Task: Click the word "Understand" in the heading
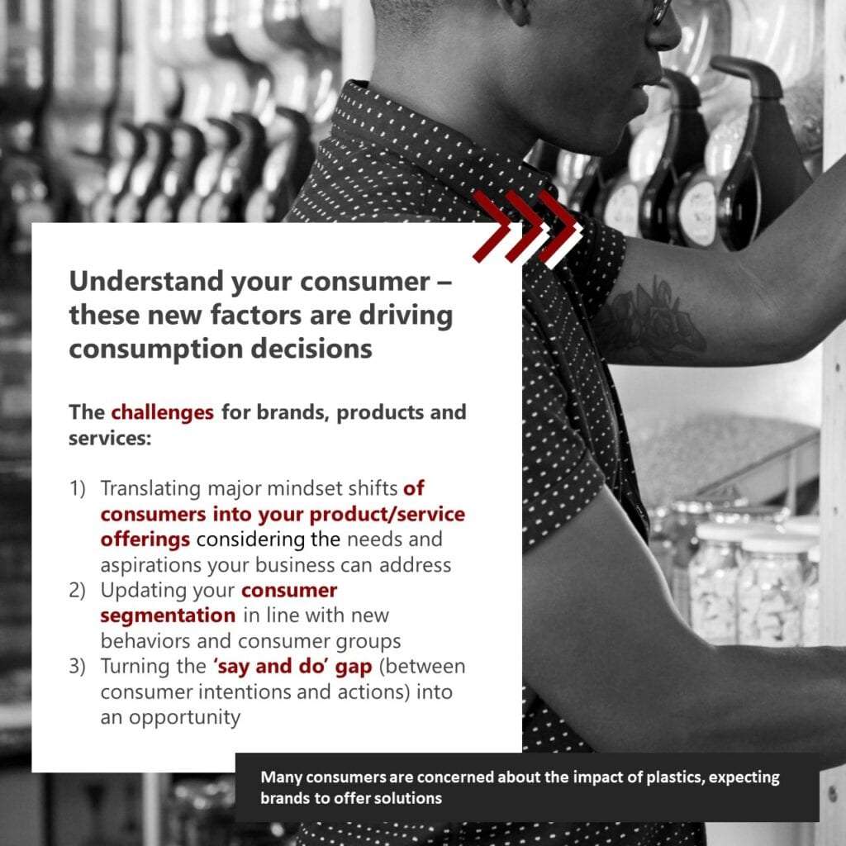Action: click(146, 281)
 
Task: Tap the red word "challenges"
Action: click(163, 413)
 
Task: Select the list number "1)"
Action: click(77, 489)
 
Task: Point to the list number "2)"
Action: click(77, 591)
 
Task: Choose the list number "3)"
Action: click(77, 667)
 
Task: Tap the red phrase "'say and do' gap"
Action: click(293, 667)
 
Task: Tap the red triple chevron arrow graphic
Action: click(527, 228)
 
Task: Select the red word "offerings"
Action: click(145, 540)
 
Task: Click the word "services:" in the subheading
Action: click(110, 439)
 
